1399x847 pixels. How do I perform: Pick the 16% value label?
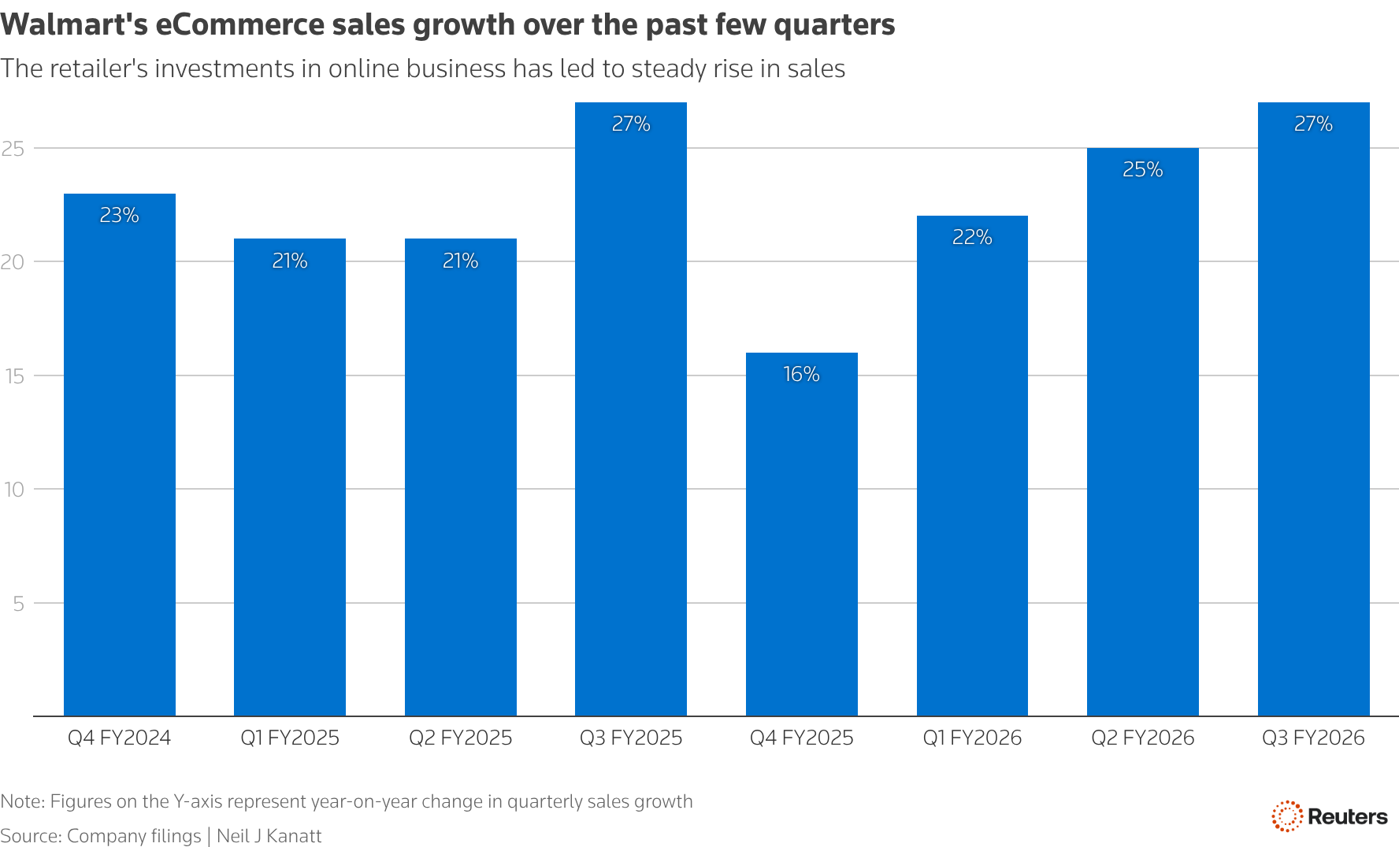point(801,374)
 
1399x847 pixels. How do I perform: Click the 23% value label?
point(119,215)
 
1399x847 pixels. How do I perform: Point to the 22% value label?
point(972,237)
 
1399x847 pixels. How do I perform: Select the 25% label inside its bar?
point(1142,169)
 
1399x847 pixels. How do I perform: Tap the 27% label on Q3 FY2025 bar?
point(631,124)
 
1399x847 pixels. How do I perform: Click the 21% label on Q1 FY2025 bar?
point(290,261)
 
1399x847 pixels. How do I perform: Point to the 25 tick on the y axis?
point(13,149)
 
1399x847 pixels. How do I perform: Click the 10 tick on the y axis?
point(13,490)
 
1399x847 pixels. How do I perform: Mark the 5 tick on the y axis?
point(18,604)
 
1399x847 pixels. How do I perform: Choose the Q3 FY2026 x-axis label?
point(1313,738)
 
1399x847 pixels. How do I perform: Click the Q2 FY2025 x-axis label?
point(460,738)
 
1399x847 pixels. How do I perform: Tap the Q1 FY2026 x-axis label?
point(972,738)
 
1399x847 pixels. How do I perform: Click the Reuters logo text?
point(1347,817)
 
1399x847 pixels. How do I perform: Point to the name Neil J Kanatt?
point(269,836)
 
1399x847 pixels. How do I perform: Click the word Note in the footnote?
point(21,801)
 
